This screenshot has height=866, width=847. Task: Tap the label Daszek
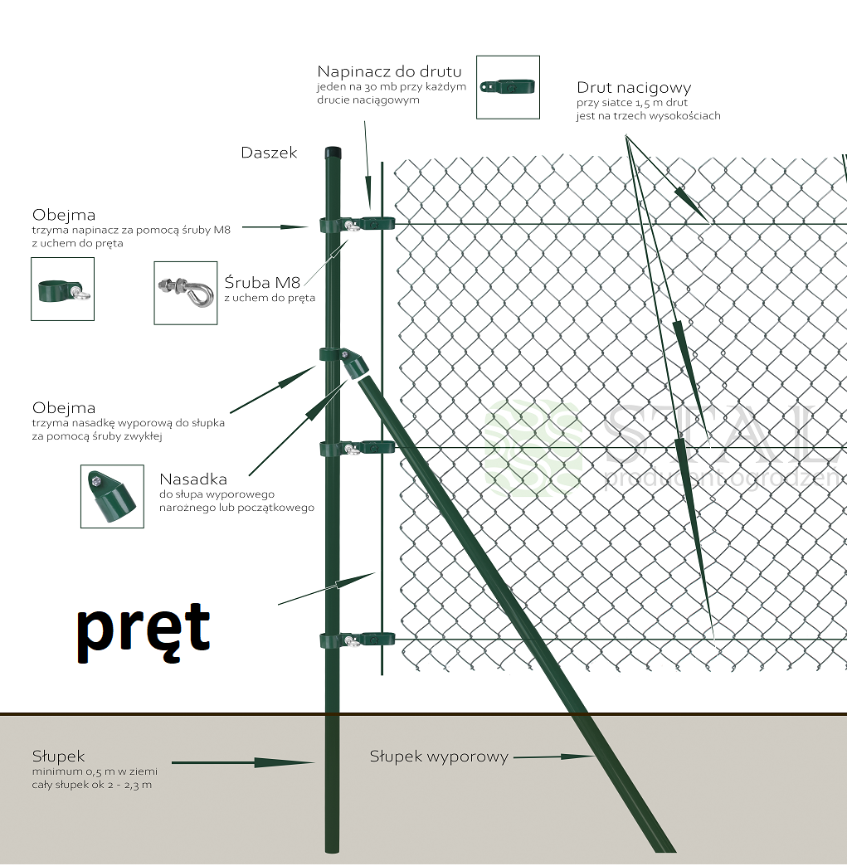(x=269, y=153)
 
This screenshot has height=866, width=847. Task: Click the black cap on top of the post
(x=332, y=153)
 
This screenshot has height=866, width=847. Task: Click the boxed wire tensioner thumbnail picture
(x=508, y=87)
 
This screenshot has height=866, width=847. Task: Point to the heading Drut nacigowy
(x=634, y=87)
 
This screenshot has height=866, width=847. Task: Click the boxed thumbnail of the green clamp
(x=62, y=289)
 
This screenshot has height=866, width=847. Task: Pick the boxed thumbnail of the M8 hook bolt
(x=186, y=293)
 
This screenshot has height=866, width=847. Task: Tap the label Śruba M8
(x=262, y=282)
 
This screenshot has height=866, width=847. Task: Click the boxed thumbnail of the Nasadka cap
(x=112, y=496)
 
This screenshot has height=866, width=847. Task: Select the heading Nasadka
(x=192, y=479)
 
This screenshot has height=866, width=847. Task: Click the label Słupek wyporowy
(x=438, y=757)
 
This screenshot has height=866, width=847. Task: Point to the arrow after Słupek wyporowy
(x=554, y=757)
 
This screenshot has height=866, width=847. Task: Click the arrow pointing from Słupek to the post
(x=243, y=761)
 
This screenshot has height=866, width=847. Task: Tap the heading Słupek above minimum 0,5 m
(x=59, y=756)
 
